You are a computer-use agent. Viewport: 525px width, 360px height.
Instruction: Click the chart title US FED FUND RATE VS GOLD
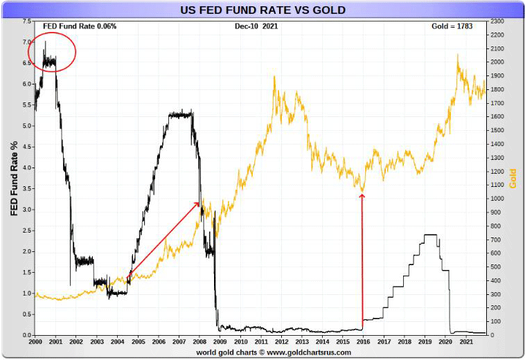(x=262, y=10)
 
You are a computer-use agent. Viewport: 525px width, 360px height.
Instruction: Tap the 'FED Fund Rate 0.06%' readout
(x=80, y=26)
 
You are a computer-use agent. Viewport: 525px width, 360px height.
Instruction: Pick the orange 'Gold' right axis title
(x=513, y=178)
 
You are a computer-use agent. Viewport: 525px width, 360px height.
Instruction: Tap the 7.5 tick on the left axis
(x=26, y=21)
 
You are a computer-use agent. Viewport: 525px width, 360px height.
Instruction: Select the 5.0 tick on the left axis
(x=26, y=126)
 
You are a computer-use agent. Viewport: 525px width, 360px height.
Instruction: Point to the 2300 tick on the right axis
(x=497, y=21)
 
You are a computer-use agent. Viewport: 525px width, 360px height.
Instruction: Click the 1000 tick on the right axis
(x=497, y=199)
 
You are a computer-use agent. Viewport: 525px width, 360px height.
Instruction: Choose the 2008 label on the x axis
(x=199, y=342)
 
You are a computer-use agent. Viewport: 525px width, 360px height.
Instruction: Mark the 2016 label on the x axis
(x=363, y=342)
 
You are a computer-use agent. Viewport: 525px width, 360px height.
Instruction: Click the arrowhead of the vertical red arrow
(x=362, y=197)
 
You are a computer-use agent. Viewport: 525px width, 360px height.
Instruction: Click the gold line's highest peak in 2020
(x=458, y=55)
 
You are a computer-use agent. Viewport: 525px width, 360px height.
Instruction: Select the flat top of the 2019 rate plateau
(x=430, y=235)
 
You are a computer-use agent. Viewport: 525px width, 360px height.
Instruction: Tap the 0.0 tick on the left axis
(x=26, y=336)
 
